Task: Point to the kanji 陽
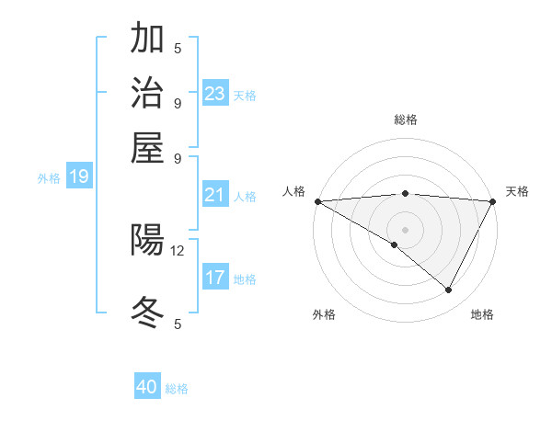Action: [x=147, y=241]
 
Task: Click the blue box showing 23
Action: [x=215, y=93]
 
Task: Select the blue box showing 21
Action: [x=215, y=195]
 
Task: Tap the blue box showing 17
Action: [x=215, y=277]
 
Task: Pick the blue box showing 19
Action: [x=78, y=177]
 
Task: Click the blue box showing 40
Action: [x=147, y=387]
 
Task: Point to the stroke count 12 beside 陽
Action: [x=178, y=250]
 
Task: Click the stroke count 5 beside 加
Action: [x=178, y=48]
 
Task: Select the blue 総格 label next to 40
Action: [x=178, y=389]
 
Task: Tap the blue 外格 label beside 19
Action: [x=49, y=178]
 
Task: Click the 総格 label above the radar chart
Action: [x=405, y=119]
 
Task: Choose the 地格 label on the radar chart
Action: [x=482, y=314]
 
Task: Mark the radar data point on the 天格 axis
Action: [x=492, y=201]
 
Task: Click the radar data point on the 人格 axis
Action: [x=317, y=201]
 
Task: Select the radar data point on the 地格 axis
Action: [x=449, y=290]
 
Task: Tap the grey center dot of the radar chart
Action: [x=405, y=229]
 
